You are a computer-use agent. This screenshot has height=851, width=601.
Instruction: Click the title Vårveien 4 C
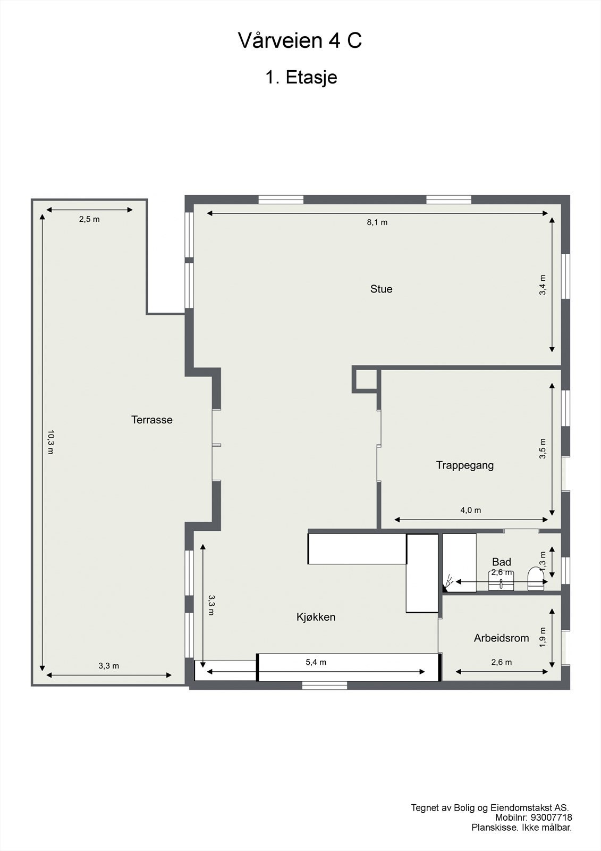click(300, 41)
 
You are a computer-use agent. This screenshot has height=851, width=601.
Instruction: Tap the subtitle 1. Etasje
click(301, 78)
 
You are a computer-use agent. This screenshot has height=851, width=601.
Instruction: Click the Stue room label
click(381, 289)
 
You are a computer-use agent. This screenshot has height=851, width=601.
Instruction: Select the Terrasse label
click(152, 420)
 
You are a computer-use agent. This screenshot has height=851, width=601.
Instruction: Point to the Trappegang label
click(464, 465)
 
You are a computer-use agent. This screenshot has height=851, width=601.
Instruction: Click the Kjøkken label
click(316, 617)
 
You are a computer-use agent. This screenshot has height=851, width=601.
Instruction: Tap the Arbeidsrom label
click(501, 638)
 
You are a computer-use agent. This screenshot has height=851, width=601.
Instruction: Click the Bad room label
click(501, 562)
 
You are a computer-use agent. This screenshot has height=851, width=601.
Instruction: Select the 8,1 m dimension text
click(377, 222)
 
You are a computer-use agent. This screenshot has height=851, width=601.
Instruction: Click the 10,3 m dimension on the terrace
click(50, 442)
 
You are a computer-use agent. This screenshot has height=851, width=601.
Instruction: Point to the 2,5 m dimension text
click(89, 219)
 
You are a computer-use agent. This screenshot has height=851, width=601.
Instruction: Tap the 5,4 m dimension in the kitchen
click(316, 662)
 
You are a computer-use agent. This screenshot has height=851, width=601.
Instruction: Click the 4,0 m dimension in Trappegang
click(470, 510)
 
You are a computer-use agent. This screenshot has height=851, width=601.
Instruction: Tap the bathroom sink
click(501, 581)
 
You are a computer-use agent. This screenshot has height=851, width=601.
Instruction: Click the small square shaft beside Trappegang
click(365, 379)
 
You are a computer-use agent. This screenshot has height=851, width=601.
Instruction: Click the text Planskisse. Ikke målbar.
click(521, 828)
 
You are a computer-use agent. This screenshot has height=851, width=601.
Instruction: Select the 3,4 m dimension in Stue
click(543, 285)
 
